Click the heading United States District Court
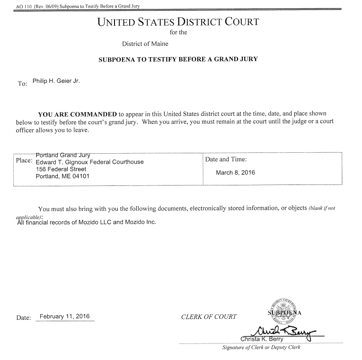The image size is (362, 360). (177, 22)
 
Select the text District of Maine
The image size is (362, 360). (145, 44)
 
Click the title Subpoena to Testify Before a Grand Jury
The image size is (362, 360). (178, 60)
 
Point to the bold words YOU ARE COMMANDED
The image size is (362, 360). (77, 114)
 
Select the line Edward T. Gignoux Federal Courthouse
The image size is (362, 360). (89, 162)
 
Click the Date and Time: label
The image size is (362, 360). (226, 160)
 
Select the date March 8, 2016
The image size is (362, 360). (235, 173)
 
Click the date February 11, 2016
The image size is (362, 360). (64, 316)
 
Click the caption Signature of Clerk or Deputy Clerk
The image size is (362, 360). (261, 348)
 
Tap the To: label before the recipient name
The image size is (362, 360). (22, 84)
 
